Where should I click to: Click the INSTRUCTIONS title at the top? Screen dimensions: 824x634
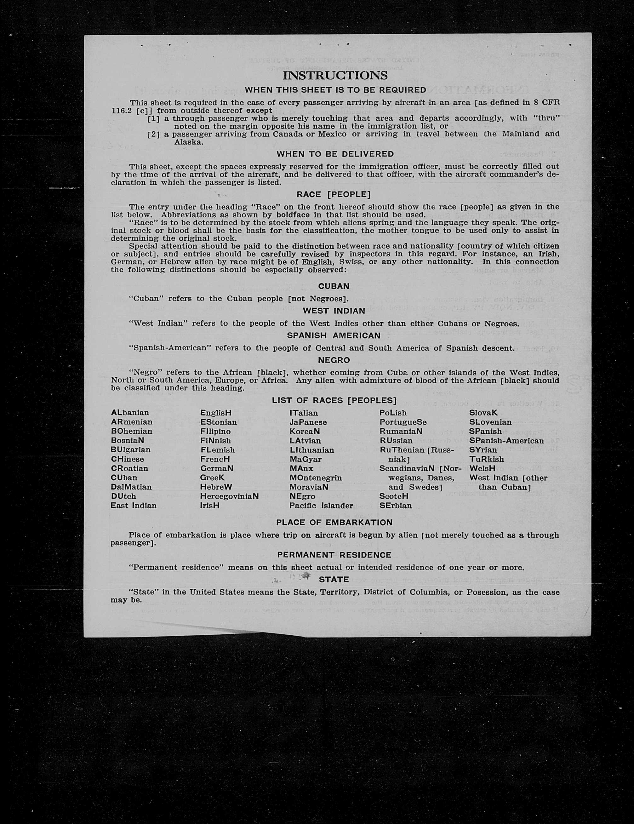coord(335,76)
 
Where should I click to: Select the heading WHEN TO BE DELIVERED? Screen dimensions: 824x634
coord(335,154)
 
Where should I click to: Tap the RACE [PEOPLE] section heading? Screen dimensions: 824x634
coord(334,194)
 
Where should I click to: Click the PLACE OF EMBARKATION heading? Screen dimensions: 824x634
coord(334,523)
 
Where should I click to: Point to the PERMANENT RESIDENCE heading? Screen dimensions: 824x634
coord(334,555)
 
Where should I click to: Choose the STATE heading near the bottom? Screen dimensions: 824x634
coord(334,580)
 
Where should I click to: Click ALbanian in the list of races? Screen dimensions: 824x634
coord(130,413)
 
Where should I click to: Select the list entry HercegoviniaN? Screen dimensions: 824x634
coord(229,496)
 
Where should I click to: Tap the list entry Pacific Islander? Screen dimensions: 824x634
coord(321,506)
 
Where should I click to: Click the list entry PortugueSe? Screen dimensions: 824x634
coord(403,422)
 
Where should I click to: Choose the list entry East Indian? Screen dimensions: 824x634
coord(134,506)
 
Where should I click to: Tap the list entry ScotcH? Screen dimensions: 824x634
coord(394,496)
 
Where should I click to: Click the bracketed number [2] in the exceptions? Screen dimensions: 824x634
coord(153,134)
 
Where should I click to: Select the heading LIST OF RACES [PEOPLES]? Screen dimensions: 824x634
coord(334,401)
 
